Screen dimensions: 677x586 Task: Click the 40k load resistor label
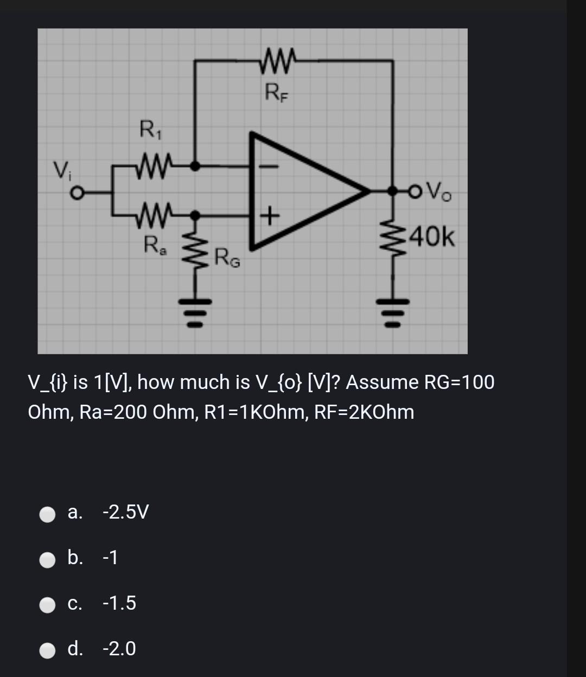point(434,238)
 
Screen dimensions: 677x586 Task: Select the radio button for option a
point(48,513)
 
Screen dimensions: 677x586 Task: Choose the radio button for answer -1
point(48,558)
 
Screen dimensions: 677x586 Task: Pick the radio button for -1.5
point(48,604)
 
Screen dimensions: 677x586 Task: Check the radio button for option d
point(48,649)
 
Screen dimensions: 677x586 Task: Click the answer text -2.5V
point(125,512)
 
